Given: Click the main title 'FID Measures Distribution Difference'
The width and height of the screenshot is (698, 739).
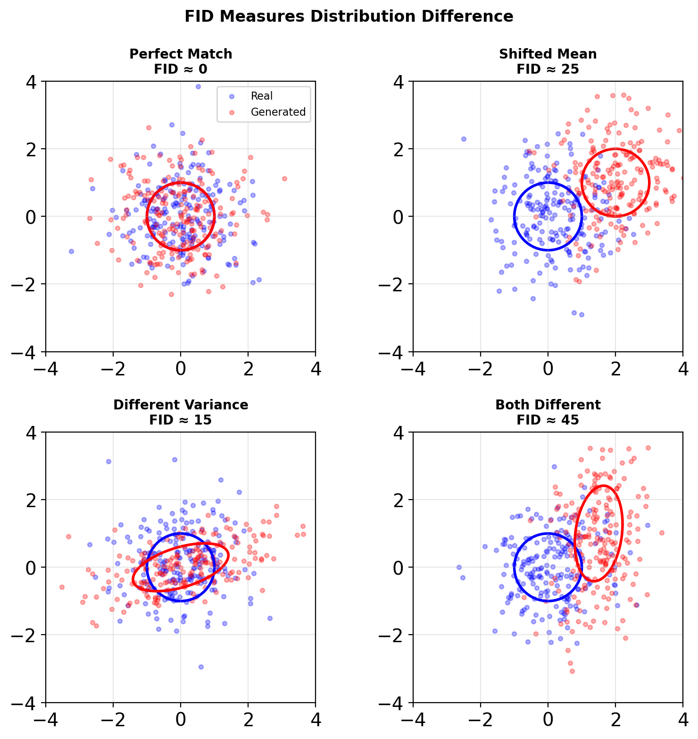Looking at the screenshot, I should (x=349, y=17).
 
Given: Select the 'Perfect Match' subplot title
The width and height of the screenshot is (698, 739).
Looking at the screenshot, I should (x=181, y=54).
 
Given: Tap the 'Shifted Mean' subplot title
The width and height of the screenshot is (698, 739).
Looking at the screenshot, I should (x=548, y=54).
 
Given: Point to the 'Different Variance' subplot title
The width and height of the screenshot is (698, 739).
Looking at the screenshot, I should (x=181, y=405).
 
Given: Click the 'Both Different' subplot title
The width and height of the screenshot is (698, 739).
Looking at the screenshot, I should (x=548, y=405).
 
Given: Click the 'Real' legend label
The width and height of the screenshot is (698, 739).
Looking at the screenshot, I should (x=262, y=96).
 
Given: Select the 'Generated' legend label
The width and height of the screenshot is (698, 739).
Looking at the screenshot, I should (x=278, y=112).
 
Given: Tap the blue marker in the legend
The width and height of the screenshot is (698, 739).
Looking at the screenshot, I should (x=231, y=96).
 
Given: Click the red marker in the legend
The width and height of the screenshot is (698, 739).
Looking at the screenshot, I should (x=231, y=112).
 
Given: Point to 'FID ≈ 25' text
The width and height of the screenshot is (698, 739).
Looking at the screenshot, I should (x=548, y=69).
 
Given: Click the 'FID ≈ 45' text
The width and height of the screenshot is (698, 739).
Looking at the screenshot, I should (x=548, y=420).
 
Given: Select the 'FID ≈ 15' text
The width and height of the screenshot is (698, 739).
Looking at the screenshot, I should (x=181, y=420).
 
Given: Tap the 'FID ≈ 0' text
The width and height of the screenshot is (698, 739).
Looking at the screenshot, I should (x=181, y=69).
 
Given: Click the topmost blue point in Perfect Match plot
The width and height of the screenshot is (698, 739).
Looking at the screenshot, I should (x=198, y=86).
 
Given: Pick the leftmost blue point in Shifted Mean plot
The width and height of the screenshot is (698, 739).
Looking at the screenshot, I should (x=464, y=139).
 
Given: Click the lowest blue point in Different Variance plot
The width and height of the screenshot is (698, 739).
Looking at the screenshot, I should (x=201, y=667).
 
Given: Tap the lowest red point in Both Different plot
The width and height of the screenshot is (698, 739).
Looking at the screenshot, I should (x=572, y=671).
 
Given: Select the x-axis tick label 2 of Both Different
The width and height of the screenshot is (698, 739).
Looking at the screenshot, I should (x=615, y=720).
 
